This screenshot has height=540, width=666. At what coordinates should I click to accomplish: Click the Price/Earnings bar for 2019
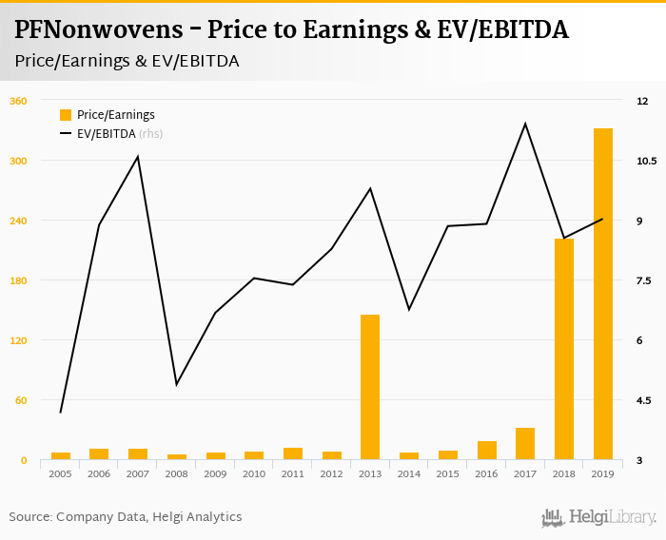point(603,295)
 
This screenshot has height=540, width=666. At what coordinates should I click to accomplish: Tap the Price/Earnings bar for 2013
point(370,387)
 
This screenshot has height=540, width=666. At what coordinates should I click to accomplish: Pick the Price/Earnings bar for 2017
point(525,444)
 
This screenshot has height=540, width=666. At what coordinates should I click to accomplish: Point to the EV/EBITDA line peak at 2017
point(525,124)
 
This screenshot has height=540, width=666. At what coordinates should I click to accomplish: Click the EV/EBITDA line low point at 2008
point(177,384)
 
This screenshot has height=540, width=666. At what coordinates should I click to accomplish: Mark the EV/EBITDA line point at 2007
point(138,157)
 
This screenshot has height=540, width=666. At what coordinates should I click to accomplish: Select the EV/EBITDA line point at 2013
point(370,188)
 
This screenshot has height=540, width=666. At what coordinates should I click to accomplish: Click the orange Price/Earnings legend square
point(66,115)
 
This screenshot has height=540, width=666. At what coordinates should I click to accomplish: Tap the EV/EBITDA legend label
point(107,134)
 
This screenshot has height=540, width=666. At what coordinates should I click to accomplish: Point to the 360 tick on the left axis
point(18,101)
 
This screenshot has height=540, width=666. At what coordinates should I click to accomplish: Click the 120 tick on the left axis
point(18,340)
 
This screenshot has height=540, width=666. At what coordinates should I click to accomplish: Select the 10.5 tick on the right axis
point(647,161)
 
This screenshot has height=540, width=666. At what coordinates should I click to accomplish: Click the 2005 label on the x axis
point(60,473)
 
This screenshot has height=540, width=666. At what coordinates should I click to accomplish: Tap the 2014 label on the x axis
point(409,473)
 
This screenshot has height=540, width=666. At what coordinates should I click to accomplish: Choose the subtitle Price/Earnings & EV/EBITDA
point(127,61)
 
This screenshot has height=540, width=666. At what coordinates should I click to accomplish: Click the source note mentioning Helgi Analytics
point(126,517)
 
